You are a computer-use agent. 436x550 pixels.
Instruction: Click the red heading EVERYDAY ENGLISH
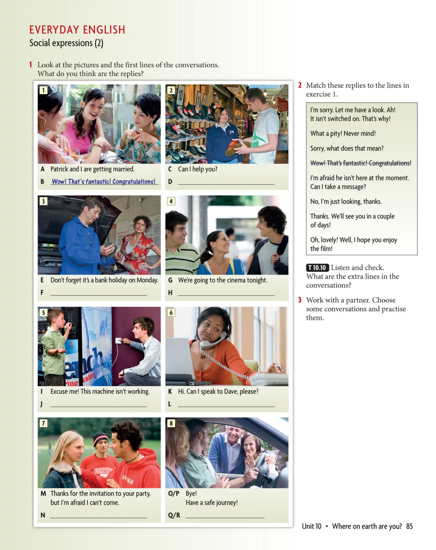(77, 30)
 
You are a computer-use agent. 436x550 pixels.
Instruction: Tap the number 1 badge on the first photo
(43, 90)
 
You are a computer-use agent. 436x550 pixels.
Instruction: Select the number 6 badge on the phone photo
(171, 312)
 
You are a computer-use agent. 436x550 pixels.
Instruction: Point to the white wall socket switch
(119, 341)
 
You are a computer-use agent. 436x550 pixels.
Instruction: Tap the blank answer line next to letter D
(226, 182)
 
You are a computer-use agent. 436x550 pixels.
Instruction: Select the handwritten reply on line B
(104, 182)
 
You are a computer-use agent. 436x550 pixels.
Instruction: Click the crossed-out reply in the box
(361, 163)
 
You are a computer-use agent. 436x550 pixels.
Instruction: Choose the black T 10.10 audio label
(317, 268)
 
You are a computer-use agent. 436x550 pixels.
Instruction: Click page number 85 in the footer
(409, 526)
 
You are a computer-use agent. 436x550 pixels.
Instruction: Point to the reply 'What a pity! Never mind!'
(343, 133)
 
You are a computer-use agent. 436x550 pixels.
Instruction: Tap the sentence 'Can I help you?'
(198, 169)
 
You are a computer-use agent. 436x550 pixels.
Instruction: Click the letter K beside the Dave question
(170, 391)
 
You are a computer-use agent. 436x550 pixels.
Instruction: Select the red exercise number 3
(300, 300)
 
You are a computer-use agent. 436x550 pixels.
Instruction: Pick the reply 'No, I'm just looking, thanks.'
(346, 201)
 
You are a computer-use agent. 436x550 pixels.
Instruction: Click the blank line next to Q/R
(225, 515)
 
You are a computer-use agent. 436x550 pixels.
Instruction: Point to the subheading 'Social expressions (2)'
(66, 43)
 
